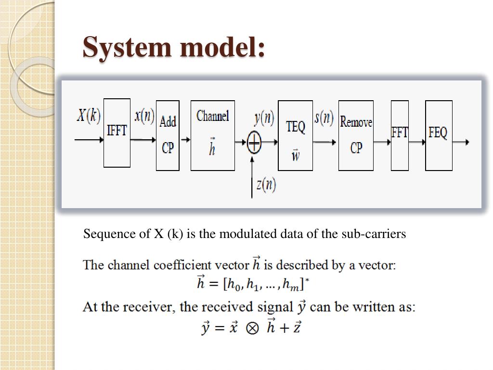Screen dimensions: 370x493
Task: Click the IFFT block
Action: pos(117,133)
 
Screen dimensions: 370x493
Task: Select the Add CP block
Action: pos(168,135)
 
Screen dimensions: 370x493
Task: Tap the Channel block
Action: pos(213,135)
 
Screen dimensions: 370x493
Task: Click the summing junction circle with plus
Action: pos(254,142)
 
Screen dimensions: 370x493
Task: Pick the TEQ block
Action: pos(295,135)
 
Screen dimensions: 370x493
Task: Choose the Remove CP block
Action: pos(356,135)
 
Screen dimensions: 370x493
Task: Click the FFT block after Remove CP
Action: pos(400,135)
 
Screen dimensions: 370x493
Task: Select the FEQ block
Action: pos(439,135)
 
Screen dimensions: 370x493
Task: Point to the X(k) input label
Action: pos(89,116)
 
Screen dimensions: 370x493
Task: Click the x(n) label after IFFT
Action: pos(144,116)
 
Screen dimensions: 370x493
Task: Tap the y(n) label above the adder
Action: pos(264,117)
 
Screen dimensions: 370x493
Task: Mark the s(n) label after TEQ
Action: pos(324,117)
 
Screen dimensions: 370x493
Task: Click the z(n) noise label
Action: pos(266,185)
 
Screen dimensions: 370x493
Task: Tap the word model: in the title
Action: pos(223,48)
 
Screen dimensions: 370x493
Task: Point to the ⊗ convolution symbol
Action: pos(251,328)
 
